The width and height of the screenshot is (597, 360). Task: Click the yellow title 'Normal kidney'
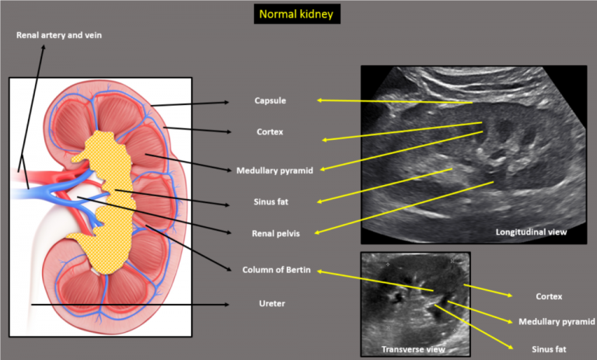coord(296,15)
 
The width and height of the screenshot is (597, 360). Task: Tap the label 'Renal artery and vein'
coord(59,35)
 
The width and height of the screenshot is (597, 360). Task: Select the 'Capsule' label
coord(271,100)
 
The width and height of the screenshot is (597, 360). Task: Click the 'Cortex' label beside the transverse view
coord(549,296)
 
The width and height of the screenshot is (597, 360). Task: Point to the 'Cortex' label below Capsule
coord(270,132)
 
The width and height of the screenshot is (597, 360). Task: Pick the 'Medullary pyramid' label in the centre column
coord(274,170)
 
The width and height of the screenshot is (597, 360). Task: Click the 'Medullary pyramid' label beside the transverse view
coord(557,322)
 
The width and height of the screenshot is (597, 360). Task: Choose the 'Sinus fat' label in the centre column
coord(271,202)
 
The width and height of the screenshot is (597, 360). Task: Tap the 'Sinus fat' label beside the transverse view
coord(549,349)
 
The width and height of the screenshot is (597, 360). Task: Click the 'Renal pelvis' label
coord(276,233)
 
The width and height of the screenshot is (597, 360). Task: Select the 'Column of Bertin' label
coord(277,270)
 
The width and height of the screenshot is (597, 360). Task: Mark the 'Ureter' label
coord(272,303)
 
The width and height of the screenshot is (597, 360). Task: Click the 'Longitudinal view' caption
coord(531,232)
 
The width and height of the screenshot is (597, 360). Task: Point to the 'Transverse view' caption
coord(413,349)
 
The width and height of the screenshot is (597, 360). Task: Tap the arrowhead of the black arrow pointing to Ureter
coord(227,304)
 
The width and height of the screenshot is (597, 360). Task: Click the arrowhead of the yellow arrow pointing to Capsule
coord(319,100)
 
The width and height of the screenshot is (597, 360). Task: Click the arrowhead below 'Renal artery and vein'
coord(44,47)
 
